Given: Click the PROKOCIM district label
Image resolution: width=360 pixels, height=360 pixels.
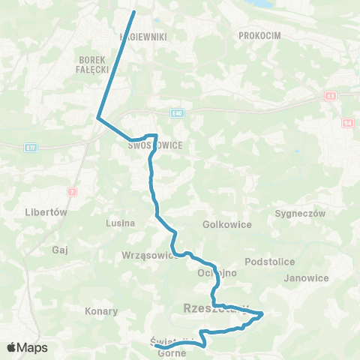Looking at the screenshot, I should point(259,35).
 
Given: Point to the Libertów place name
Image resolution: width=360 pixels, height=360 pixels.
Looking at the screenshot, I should point(46,212).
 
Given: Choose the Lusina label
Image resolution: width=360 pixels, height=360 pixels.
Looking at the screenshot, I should point(121,223).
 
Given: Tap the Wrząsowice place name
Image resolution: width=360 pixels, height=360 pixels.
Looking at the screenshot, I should point(149,255).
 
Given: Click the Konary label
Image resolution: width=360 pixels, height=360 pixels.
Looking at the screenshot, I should point(102,310).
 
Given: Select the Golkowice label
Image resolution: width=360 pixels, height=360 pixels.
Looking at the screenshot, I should point(226,224).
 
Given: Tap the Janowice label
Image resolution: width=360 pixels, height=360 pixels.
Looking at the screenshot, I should point(307,277).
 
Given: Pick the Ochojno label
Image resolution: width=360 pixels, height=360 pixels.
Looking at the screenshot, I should point(217,273).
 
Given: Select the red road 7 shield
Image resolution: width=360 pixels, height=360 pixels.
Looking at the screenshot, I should point(72,193).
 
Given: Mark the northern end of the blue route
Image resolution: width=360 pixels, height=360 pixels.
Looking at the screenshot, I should point(134,12).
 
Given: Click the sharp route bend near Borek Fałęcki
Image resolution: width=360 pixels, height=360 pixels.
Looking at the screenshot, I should point(97,116).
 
